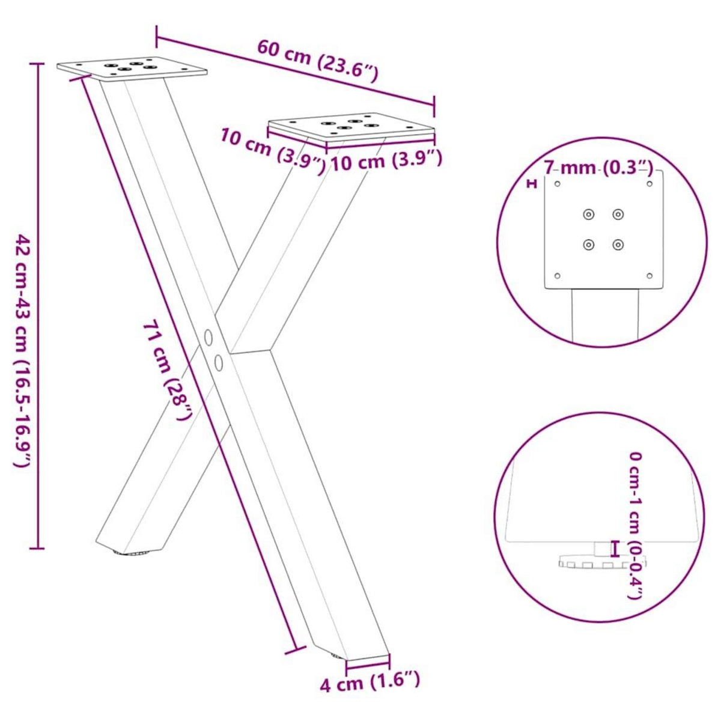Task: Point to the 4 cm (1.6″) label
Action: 369,683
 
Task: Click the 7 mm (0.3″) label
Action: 598,168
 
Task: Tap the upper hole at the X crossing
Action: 208,338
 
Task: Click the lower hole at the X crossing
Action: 218,362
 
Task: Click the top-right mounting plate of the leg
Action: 351,127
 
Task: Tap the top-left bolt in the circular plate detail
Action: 588,214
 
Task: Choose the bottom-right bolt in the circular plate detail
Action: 618,244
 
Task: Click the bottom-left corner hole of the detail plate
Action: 557,276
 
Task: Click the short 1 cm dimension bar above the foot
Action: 614,548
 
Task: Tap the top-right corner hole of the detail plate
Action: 650,183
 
